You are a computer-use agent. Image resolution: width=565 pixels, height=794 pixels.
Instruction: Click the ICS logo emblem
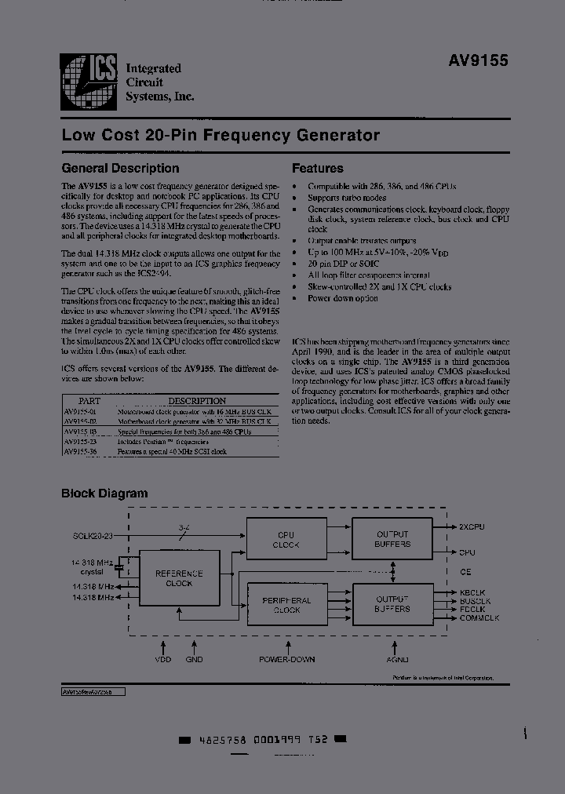(89, 82)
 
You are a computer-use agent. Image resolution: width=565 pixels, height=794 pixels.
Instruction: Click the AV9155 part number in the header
(479, 60)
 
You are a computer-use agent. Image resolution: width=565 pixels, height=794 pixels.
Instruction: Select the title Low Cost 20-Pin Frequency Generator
(221, 135)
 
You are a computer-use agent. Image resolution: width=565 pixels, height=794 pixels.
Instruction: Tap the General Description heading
(120, 168)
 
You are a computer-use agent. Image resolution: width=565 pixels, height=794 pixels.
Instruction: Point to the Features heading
(318, 168)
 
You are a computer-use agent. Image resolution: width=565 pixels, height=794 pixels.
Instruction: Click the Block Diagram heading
(104, 494)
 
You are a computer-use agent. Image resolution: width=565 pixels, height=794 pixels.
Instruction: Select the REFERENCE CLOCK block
(179, 578)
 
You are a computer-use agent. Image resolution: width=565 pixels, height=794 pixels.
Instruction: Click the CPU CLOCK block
(286, 540)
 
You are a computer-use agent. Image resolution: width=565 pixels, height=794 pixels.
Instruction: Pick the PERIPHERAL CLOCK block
(286, 605)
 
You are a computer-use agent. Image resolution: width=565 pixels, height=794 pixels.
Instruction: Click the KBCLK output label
(473, 592)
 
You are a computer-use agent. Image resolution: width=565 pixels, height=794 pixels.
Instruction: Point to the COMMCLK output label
(479, 618)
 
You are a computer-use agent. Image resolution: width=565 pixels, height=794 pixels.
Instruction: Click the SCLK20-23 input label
(92, 535)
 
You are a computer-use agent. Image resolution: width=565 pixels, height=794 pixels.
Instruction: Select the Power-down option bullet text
(343, 298)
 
